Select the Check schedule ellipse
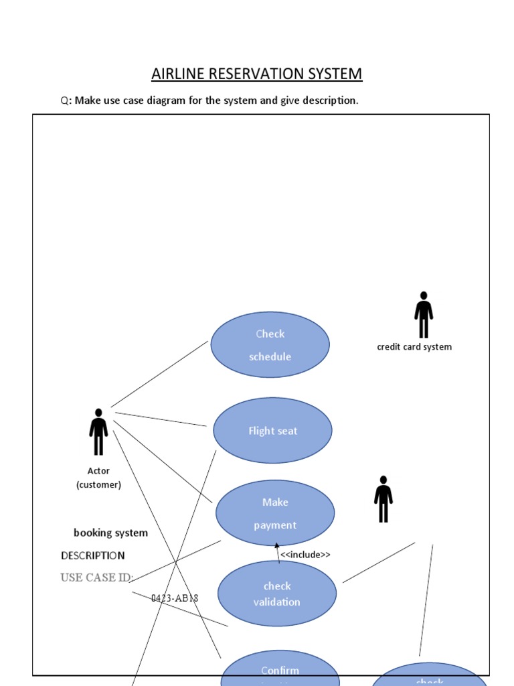pyautogui.click(x=270, y=345)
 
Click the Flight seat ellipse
pyautogui.click(x=272, y=431)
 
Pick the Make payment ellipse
pyautogui.click(x=274, y=513)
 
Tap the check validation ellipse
pyautogui.click(x=277, y=594)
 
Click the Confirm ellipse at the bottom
pyautogui.click(x=280, y=671)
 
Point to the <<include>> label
pyautogui.click(x=305, y=555)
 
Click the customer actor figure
pyautogui.click(x=98, y=432)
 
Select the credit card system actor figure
pyautogui.click(x=423, y=315)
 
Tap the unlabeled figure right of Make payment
pyautogui.click(x=383, y=499)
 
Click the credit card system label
pyautogui.click(x=414, y=347)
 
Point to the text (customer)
pyautogui.click(x=98, y=484)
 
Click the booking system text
pyautogui.click(x=110, y=533)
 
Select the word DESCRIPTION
pyautogui.click(x=92, y=555)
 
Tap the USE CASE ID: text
pyautogui.click(x=97, y=577)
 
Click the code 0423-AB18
pyautogui.click(x=175, y=598)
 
